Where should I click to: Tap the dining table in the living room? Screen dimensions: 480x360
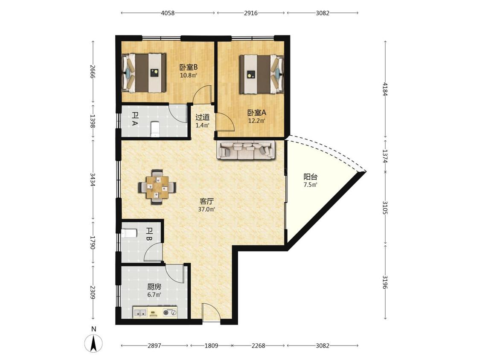tap(157, 187)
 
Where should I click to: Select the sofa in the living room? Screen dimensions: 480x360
tap(247, 150)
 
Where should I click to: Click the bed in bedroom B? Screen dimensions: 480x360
tap(144, 73)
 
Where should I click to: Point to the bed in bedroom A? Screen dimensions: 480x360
tap(262, 74)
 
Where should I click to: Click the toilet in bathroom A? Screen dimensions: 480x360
tap(155, 129)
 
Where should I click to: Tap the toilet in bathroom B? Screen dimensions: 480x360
tap(129, 234)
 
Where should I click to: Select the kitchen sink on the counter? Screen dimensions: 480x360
tap(140, 313)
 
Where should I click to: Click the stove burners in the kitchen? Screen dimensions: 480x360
tap(170, 313)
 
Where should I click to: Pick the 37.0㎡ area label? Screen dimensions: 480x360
tap(207, 209)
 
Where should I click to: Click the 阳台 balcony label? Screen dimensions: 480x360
tap(311, 177)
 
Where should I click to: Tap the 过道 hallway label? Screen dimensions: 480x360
tap(203, 117)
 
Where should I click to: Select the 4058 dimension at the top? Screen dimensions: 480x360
tap(167, 13)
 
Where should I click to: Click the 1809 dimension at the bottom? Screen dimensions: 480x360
tap(211, 345)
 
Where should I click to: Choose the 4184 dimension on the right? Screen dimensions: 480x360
tap(385, 89)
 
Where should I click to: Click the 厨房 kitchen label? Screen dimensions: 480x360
tap(154, 287)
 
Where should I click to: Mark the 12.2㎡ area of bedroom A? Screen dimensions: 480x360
tap(256, 121)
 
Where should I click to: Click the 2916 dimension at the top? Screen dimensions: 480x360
tap(250, 13)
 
